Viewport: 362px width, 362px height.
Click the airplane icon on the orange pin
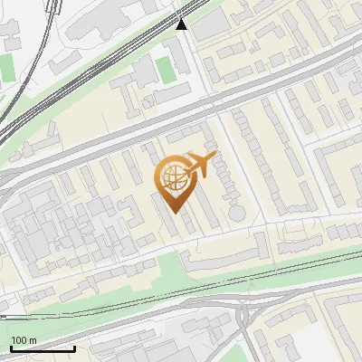click(x=197, y=166)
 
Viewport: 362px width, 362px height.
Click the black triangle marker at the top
click(x=182, y=24)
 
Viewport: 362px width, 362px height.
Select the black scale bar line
click(x=42, y=348)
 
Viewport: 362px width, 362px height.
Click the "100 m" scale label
click(x=24, y=340)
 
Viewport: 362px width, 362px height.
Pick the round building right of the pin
click(x=236, y=212)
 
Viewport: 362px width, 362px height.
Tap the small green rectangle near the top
click(x=164, y=69)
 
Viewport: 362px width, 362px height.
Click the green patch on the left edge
click(x=6, y=66)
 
